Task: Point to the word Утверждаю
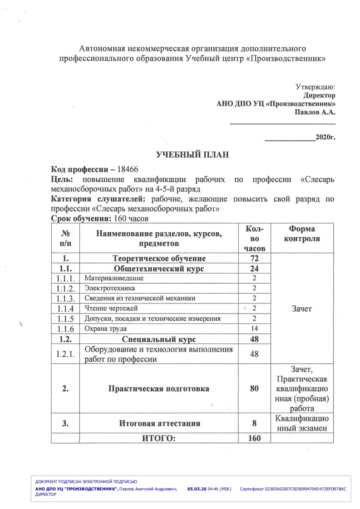click(x=316, y=87)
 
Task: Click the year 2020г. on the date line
click(x=325, y=137)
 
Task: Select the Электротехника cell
click(x=110, y=288)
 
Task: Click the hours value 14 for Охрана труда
click(x=254, y=328)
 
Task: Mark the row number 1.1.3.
click(x=65, y=299)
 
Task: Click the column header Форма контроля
click(x=301, y=234)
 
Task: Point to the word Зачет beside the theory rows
click(x=301, y=308)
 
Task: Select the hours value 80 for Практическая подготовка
click(x=254, y=389)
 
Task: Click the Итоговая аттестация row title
click(x=160, y=424)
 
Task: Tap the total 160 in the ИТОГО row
click(x=254, y=438)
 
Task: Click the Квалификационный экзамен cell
click(x=301, y=424)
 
